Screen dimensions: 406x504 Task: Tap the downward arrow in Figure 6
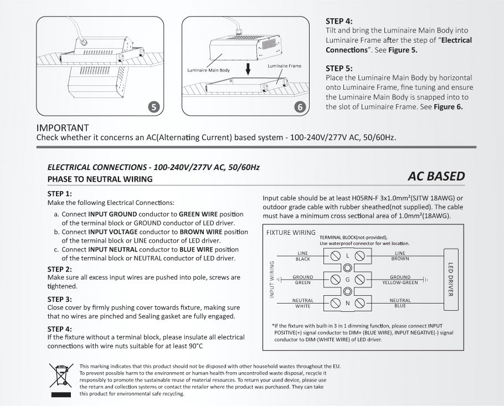point(249,69)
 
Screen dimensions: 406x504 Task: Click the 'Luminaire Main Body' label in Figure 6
point(208,71)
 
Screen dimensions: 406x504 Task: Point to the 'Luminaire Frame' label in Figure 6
point(284,66)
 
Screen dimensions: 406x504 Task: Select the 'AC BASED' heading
point(436,176)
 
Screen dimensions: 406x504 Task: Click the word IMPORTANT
point(63,128)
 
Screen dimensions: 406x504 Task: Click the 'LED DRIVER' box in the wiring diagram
point(451,279)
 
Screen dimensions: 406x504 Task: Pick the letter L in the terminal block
point(348,256)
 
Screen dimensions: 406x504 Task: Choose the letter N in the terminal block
point(348,303)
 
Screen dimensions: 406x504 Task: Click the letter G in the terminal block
point(348,279)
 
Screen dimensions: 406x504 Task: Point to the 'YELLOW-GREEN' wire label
point(400,282)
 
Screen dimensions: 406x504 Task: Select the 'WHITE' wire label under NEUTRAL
point(303,306)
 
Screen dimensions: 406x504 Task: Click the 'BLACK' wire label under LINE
point(303,259)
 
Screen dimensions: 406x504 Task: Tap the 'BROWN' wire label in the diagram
point(400,259)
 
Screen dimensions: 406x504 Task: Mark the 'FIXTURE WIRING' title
point(291,233)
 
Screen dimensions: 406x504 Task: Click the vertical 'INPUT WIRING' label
point(272,279)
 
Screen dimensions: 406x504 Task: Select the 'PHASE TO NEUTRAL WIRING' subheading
point(100,179)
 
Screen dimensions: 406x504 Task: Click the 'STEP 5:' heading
point(339,69)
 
